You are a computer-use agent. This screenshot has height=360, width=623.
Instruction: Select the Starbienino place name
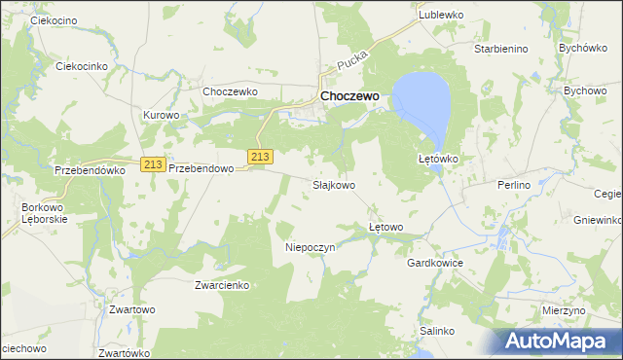(x=500, y=48)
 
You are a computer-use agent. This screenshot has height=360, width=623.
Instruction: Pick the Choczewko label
(x=229, y=91)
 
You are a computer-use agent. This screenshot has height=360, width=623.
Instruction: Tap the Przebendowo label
(x=202, y=168)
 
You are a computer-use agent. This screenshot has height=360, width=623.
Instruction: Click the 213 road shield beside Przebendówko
(x=151, y=165)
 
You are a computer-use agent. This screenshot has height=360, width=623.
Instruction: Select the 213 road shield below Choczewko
(x=259, y=157)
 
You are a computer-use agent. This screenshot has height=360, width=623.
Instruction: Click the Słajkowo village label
(x=333, y=184)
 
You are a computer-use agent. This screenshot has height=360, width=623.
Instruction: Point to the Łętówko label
(x=438, y=158)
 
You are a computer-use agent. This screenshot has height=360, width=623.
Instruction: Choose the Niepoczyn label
(x=310, y=247)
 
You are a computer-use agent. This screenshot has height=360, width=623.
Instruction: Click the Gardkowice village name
(x=434, y=264)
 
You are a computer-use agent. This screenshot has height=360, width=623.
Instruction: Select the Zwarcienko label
(x=223, y=285)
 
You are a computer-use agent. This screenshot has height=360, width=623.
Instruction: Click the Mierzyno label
(x=564, y=309)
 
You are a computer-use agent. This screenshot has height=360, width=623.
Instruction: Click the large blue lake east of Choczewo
(x=424, y=100)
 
